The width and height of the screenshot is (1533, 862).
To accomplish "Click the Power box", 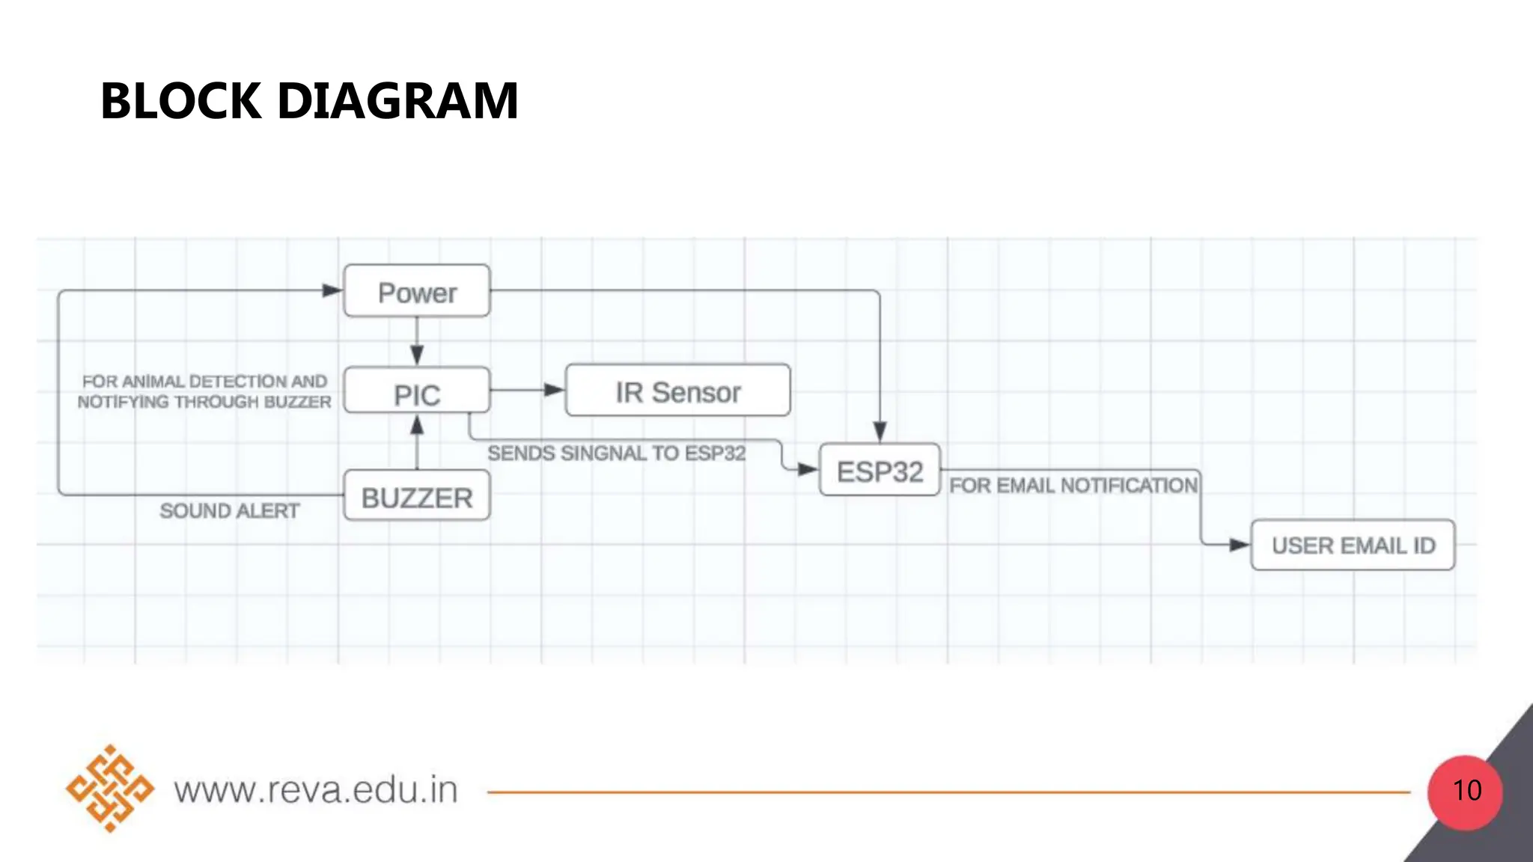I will tap(417, 291).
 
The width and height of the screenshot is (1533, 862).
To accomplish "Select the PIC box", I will tap(417, 391).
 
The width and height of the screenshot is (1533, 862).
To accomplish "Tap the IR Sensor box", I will tap(677, 391).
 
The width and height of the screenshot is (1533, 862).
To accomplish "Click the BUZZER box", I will tap(417, 496).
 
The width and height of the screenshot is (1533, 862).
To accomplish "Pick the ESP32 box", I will tap(880, 471).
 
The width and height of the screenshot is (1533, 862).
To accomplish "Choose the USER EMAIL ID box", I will tap(1353, 545).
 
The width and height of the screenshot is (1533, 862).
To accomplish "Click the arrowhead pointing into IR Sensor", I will tap(554, 390).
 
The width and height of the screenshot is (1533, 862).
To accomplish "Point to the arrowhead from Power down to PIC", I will tap(417, 355).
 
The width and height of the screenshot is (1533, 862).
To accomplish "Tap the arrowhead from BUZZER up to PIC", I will tap(417, 425).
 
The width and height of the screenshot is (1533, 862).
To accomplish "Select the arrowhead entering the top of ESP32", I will tap(880, 432).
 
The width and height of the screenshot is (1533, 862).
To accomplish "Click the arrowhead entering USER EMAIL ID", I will tap(1239, 545).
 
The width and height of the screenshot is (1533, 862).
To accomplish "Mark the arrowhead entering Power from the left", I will tap(332, 290).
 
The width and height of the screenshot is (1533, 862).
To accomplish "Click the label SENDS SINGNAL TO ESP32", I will tap(616, 453).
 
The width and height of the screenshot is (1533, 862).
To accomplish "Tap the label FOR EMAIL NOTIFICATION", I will tap(1073, 486).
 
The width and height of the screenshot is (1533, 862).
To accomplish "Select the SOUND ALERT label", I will tap(229, 511).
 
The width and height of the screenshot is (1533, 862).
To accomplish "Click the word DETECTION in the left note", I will tap(237, 382).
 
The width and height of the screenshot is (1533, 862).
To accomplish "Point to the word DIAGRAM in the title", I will tap(397, 101).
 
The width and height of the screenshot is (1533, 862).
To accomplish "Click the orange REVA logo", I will tap(110, 789).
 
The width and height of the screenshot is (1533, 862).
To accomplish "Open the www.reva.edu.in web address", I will tap(316, 790).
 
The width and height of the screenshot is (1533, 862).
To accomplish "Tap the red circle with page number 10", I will tap(1465, 792).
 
